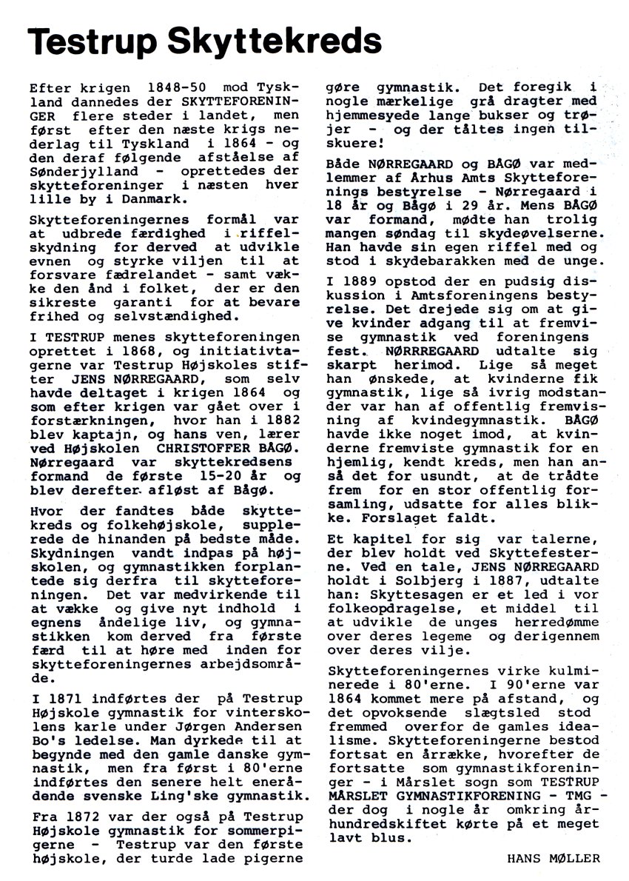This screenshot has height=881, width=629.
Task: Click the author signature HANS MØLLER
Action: [x=554, y=859]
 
